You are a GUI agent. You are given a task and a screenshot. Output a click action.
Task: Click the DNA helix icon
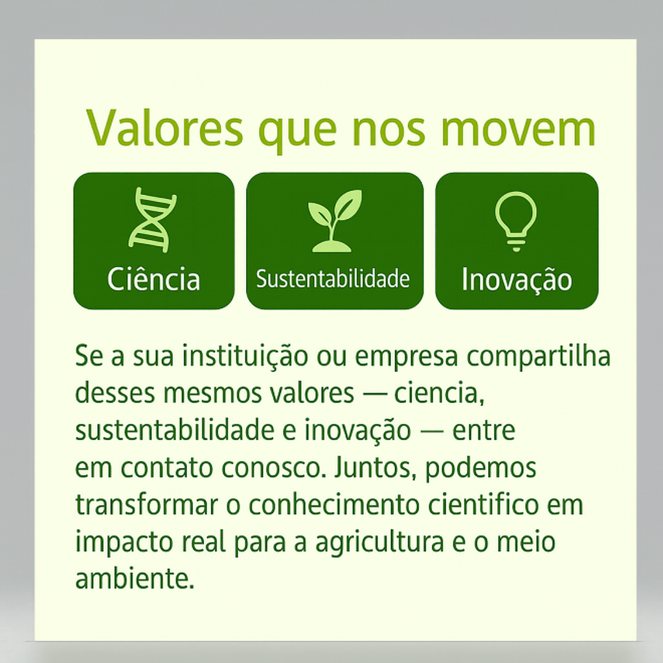pos(153,220)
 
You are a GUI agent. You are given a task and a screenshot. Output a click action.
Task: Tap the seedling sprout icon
pos(335,221)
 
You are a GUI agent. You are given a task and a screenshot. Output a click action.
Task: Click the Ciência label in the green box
pos(153,279)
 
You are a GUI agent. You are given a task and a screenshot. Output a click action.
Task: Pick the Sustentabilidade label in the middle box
pos(333,278)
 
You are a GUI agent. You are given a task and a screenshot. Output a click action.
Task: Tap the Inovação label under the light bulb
pos(517,279)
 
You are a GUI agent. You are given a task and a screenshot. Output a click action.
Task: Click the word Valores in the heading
pos(165,128)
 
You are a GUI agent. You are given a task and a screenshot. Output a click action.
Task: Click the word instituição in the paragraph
pos(245,356)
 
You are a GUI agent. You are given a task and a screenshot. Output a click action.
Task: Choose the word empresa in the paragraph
pos(407,357)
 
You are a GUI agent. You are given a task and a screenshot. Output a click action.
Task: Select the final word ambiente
pos(135,578)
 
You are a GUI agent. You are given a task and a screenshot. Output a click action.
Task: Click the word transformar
pos(147,504)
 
